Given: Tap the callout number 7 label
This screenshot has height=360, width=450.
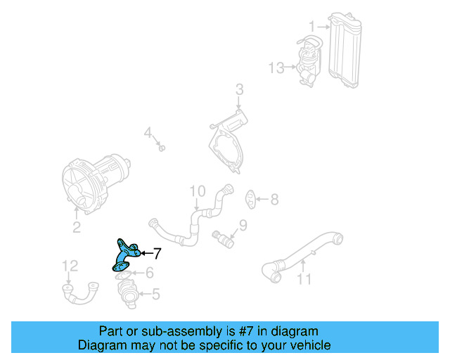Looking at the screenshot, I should pyautogui.click(x=157, y=253).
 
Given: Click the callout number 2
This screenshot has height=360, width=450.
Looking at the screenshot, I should pyautogui.click(x=77, y=227).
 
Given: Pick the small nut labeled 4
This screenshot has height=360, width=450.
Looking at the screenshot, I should pyautogui.click(x=161, y=148).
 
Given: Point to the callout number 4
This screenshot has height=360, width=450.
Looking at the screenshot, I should pyautogui.click(x=148, y=133).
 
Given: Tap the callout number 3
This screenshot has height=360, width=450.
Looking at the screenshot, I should pyautogui.click(x=239, y=90).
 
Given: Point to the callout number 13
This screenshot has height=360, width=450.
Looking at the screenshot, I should pyautogui.click(x=276, y=68).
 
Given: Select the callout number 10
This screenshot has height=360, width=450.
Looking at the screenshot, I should pyautogui.click(x=196, y=191).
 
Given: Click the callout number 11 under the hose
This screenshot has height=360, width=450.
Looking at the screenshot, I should pyautogui.click(x=303, y=278).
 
